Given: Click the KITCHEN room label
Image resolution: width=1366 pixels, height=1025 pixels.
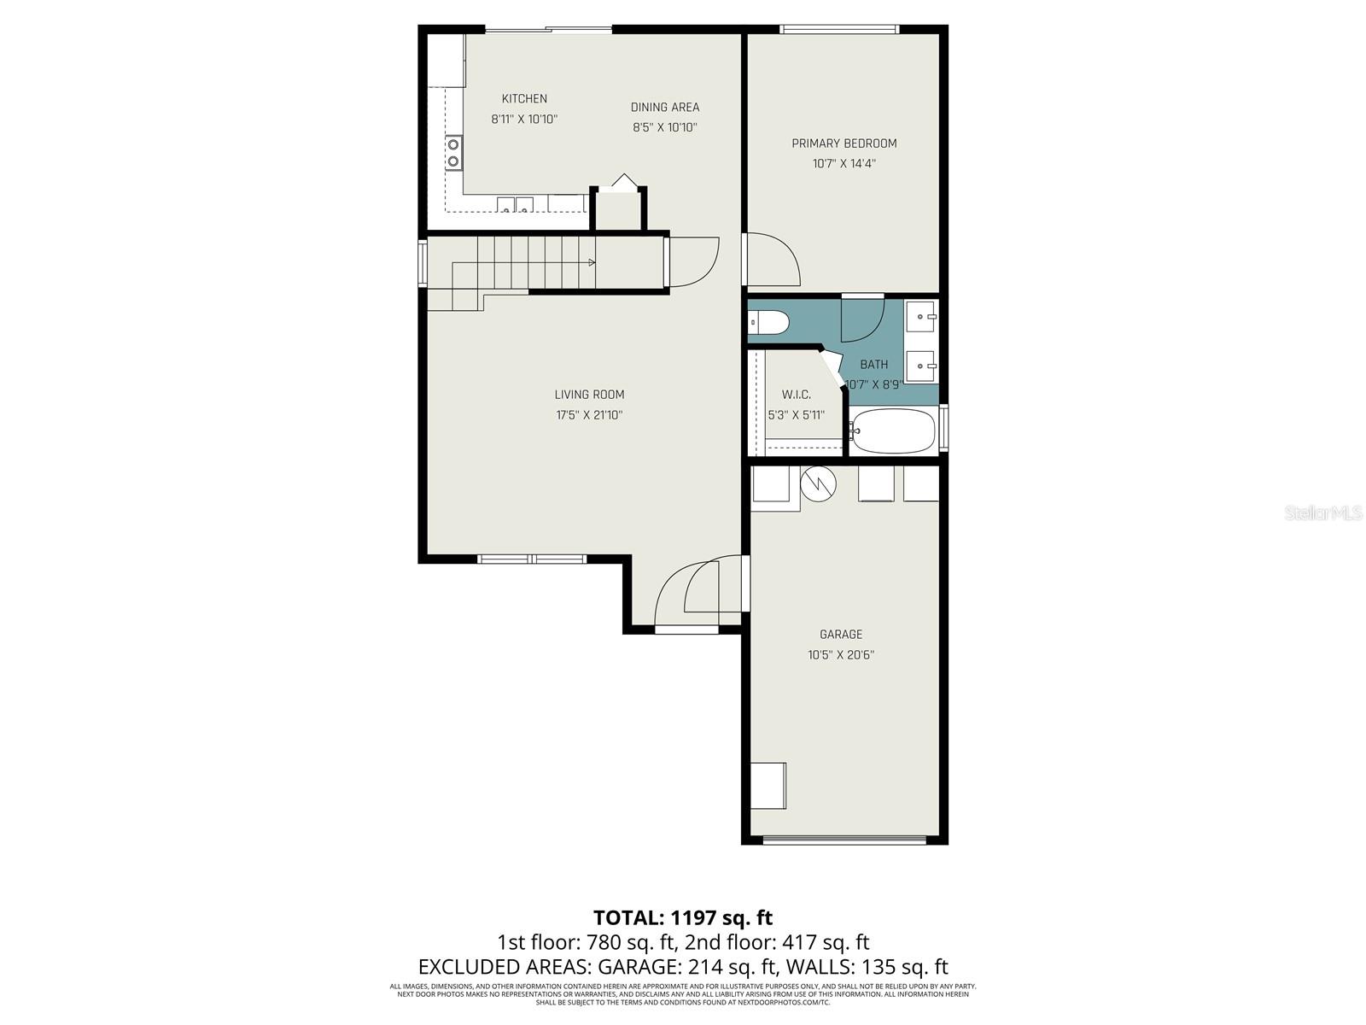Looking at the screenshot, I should point(524,99).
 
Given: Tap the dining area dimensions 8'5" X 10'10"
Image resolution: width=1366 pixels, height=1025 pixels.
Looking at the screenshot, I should point(665,128).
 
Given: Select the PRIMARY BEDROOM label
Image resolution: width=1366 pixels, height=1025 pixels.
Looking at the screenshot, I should point(844,143).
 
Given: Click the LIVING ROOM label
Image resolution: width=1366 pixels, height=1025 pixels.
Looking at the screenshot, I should point(589,395).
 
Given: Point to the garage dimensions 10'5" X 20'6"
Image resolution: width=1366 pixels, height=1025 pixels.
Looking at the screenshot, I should point(841,655).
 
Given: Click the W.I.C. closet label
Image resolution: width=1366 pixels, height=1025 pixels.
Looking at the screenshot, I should point(796,395).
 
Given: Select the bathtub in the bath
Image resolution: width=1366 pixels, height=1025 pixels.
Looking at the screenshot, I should point(893,432).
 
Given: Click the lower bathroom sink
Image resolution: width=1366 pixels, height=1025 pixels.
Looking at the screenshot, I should point(921,366).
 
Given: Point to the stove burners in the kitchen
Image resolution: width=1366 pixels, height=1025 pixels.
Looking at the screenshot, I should point(453,153).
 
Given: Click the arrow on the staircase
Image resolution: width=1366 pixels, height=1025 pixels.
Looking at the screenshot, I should point(592,263).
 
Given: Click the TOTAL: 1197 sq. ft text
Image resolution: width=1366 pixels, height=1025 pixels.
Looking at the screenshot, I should point(683,917).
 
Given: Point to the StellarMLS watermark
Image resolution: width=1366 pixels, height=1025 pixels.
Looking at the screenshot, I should point(1323,513).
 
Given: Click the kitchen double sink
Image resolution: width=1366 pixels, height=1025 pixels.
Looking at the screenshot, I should point(515,204).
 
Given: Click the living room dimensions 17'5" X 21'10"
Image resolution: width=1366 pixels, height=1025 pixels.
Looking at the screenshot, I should point(589,415).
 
